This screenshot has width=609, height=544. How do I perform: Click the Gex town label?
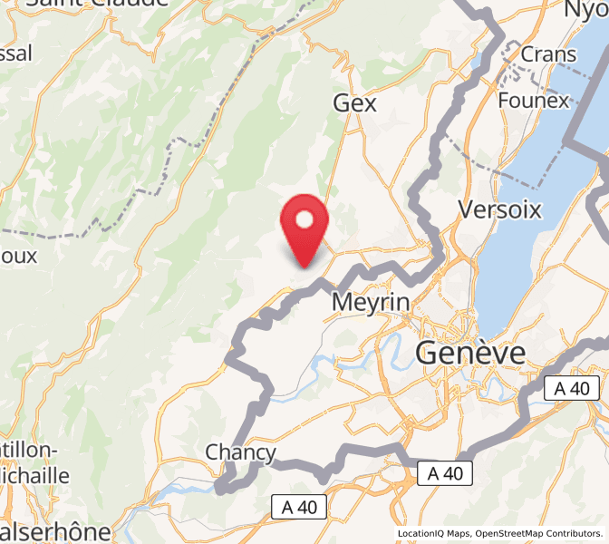(x=354, y=103)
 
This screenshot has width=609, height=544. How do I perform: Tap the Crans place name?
(x=547, y=54)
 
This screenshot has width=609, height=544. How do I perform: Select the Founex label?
(x=533, y=100)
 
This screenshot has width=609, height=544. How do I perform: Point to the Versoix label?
(x=499, y=210)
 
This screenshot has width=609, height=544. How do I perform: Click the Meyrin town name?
(x=372, y=302)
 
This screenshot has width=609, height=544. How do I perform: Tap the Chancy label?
(x=240, y=452)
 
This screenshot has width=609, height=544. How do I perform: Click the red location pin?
(x=305, y=227)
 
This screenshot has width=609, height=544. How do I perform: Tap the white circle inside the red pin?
(x=305, y=219)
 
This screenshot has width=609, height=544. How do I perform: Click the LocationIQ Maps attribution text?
(x=432, y=533)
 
